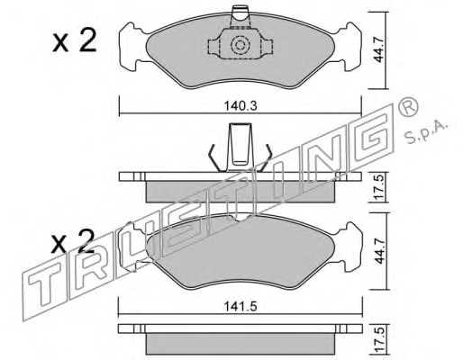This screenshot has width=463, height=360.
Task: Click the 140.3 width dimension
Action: pyautogui.click(x=241, y=106)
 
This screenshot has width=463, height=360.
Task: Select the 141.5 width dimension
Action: pyautogui.click(x=241, y=306)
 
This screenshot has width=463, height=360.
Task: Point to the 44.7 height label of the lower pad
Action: pyautogui.click(x=379, y=251)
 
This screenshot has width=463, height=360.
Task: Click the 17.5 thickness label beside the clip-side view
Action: pyautogui.click(x=379, y=188)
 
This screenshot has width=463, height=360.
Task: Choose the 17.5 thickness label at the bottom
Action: pyautogui.click(x=379, y=339)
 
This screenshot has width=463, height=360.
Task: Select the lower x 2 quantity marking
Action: pyautogui.click(x=73, y=241)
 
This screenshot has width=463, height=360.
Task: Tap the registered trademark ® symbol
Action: pyautogui.click(x=408, y=107)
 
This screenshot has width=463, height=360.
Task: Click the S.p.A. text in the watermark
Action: pyautogui.click(x=426, y=132)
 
